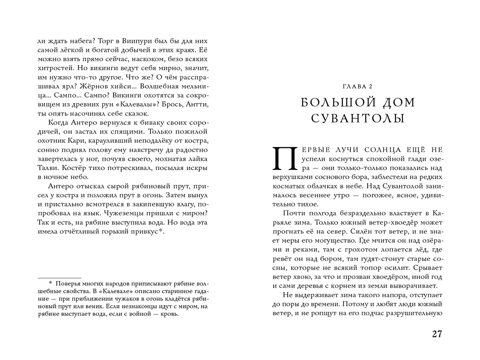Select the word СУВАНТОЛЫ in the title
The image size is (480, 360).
358,118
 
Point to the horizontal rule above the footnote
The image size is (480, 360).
59,277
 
